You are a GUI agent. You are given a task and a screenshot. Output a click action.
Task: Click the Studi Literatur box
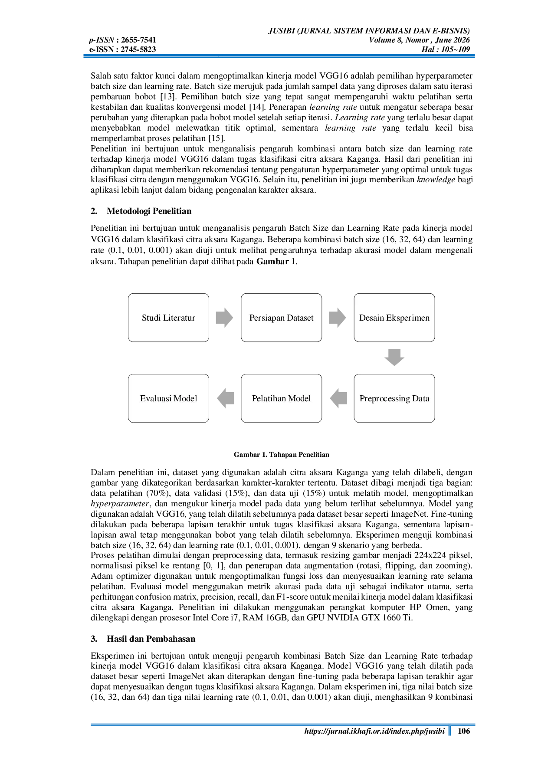168,318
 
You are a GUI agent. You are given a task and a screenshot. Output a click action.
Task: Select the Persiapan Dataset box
281,318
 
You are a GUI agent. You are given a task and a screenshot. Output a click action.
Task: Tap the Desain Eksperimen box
394,318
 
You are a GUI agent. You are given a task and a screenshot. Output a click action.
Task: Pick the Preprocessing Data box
394,398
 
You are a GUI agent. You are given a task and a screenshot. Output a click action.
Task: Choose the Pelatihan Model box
281,398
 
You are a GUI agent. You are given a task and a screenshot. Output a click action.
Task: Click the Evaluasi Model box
168,398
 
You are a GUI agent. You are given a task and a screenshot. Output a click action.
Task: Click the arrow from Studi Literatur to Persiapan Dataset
224,318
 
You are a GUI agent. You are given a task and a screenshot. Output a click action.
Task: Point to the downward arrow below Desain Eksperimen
394,358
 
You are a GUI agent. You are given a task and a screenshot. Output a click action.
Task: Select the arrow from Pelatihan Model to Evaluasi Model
226,398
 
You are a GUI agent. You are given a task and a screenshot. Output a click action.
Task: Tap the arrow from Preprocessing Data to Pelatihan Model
338,398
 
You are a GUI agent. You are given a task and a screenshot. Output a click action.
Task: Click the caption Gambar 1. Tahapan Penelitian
282,455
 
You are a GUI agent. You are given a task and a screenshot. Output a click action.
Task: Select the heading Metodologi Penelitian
149,211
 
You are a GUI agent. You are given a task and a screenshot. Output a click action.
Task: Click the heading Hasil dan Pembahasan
151,639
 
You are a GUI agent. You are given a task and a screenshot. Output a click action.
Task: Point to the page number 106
464,731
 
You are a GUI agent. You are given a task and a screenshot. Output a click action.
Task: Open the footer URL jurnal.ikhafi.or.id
374,731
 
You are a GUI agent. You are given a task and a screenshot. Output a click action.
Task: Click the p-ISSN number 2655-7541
138,40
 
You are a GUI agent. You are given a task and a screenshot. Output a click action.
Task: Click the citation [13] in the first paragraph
167,97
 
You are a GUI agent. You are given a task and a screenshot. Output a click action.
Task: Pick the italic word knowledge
436,180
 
